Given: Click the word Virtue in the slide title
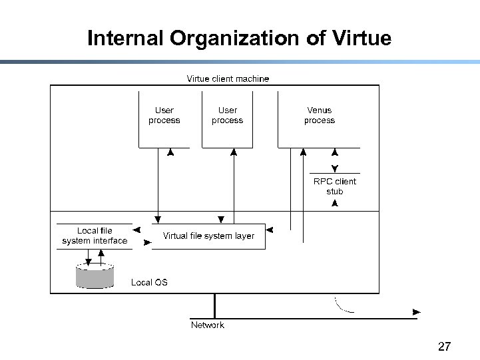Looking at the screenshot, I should point(359,39).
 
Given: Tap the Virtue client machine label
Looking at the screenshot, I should point(228,79).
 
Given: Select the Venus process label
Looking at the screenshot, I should point(319,115).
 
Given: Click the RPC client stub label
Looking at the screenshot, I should point(335,186).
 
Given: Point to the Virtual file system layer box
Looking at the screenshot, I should point(208,236).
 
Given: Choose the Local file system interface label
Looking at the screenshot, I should point(95,236).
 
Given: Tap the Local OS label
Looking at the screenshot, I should point(149,282).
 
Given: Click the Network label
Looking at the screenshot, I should point(207,325).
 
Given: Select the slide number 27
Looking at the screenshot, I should point(444,346).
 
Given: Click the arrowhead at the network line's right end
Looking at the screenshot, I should point(417,311).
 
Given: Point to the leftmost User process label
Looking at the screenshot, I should point(164,115).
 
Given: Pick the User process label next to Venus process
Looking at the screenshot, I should point(227,115).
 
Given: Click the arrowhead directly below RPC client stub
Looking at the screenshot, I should point(335,203).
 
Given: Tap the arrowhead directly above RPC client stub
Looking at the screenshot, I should point(335,168).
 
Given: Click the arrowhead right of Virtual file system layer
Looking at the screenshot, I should point(270,230).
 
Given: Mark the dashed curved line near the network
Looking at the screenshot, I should point(342,307).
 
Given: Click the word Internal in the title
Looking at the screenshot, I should point(126,39).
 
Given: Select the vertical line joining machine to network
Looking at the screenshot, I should point(214,305).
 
